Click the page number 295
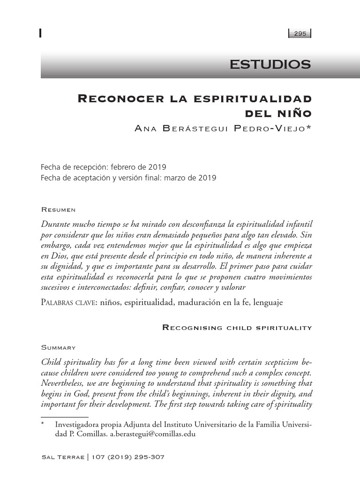pos(300,33)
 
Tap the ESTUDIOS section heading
pos(270,65)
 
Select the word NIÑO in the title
pos(295,113)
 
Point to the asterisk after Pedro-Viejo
pos(308,127)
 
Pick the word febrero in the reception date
pos(121,167)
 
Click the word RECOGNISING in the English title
pos(193,327)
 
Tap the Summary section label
pos(59,347)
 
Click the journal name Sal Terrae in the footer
pos(62,457)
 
